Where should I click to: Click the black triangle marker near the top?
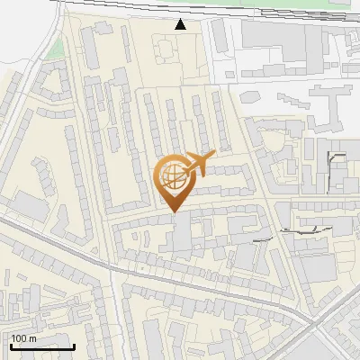click(181, 24)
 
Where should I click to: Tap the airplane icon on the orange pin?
click(201, 164)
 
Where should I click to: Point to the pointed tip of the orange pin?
click(174, 211)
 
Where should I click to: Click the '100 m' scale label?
click(24, 338)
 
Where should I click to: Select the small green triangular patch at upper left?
click(57, 47)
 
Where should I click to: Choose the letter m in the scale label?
click(32, 338)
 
